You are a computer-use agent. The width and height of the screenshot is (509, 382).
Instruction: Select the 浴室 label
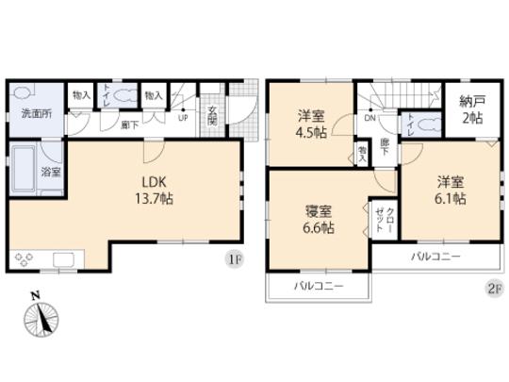point(51,173)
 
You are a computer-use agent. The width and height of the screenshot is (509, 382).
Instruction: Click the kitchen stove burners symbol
point(25,257)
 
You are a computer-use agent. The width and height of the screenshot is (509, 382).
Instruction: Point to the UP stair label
point(182,119)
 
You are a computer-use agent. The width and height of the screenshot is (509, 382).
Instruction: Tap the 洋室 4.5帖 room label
point(308,125)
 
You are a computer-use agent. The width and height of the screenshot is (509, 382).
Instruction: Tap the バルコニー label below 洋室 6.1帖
point(435,257)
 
